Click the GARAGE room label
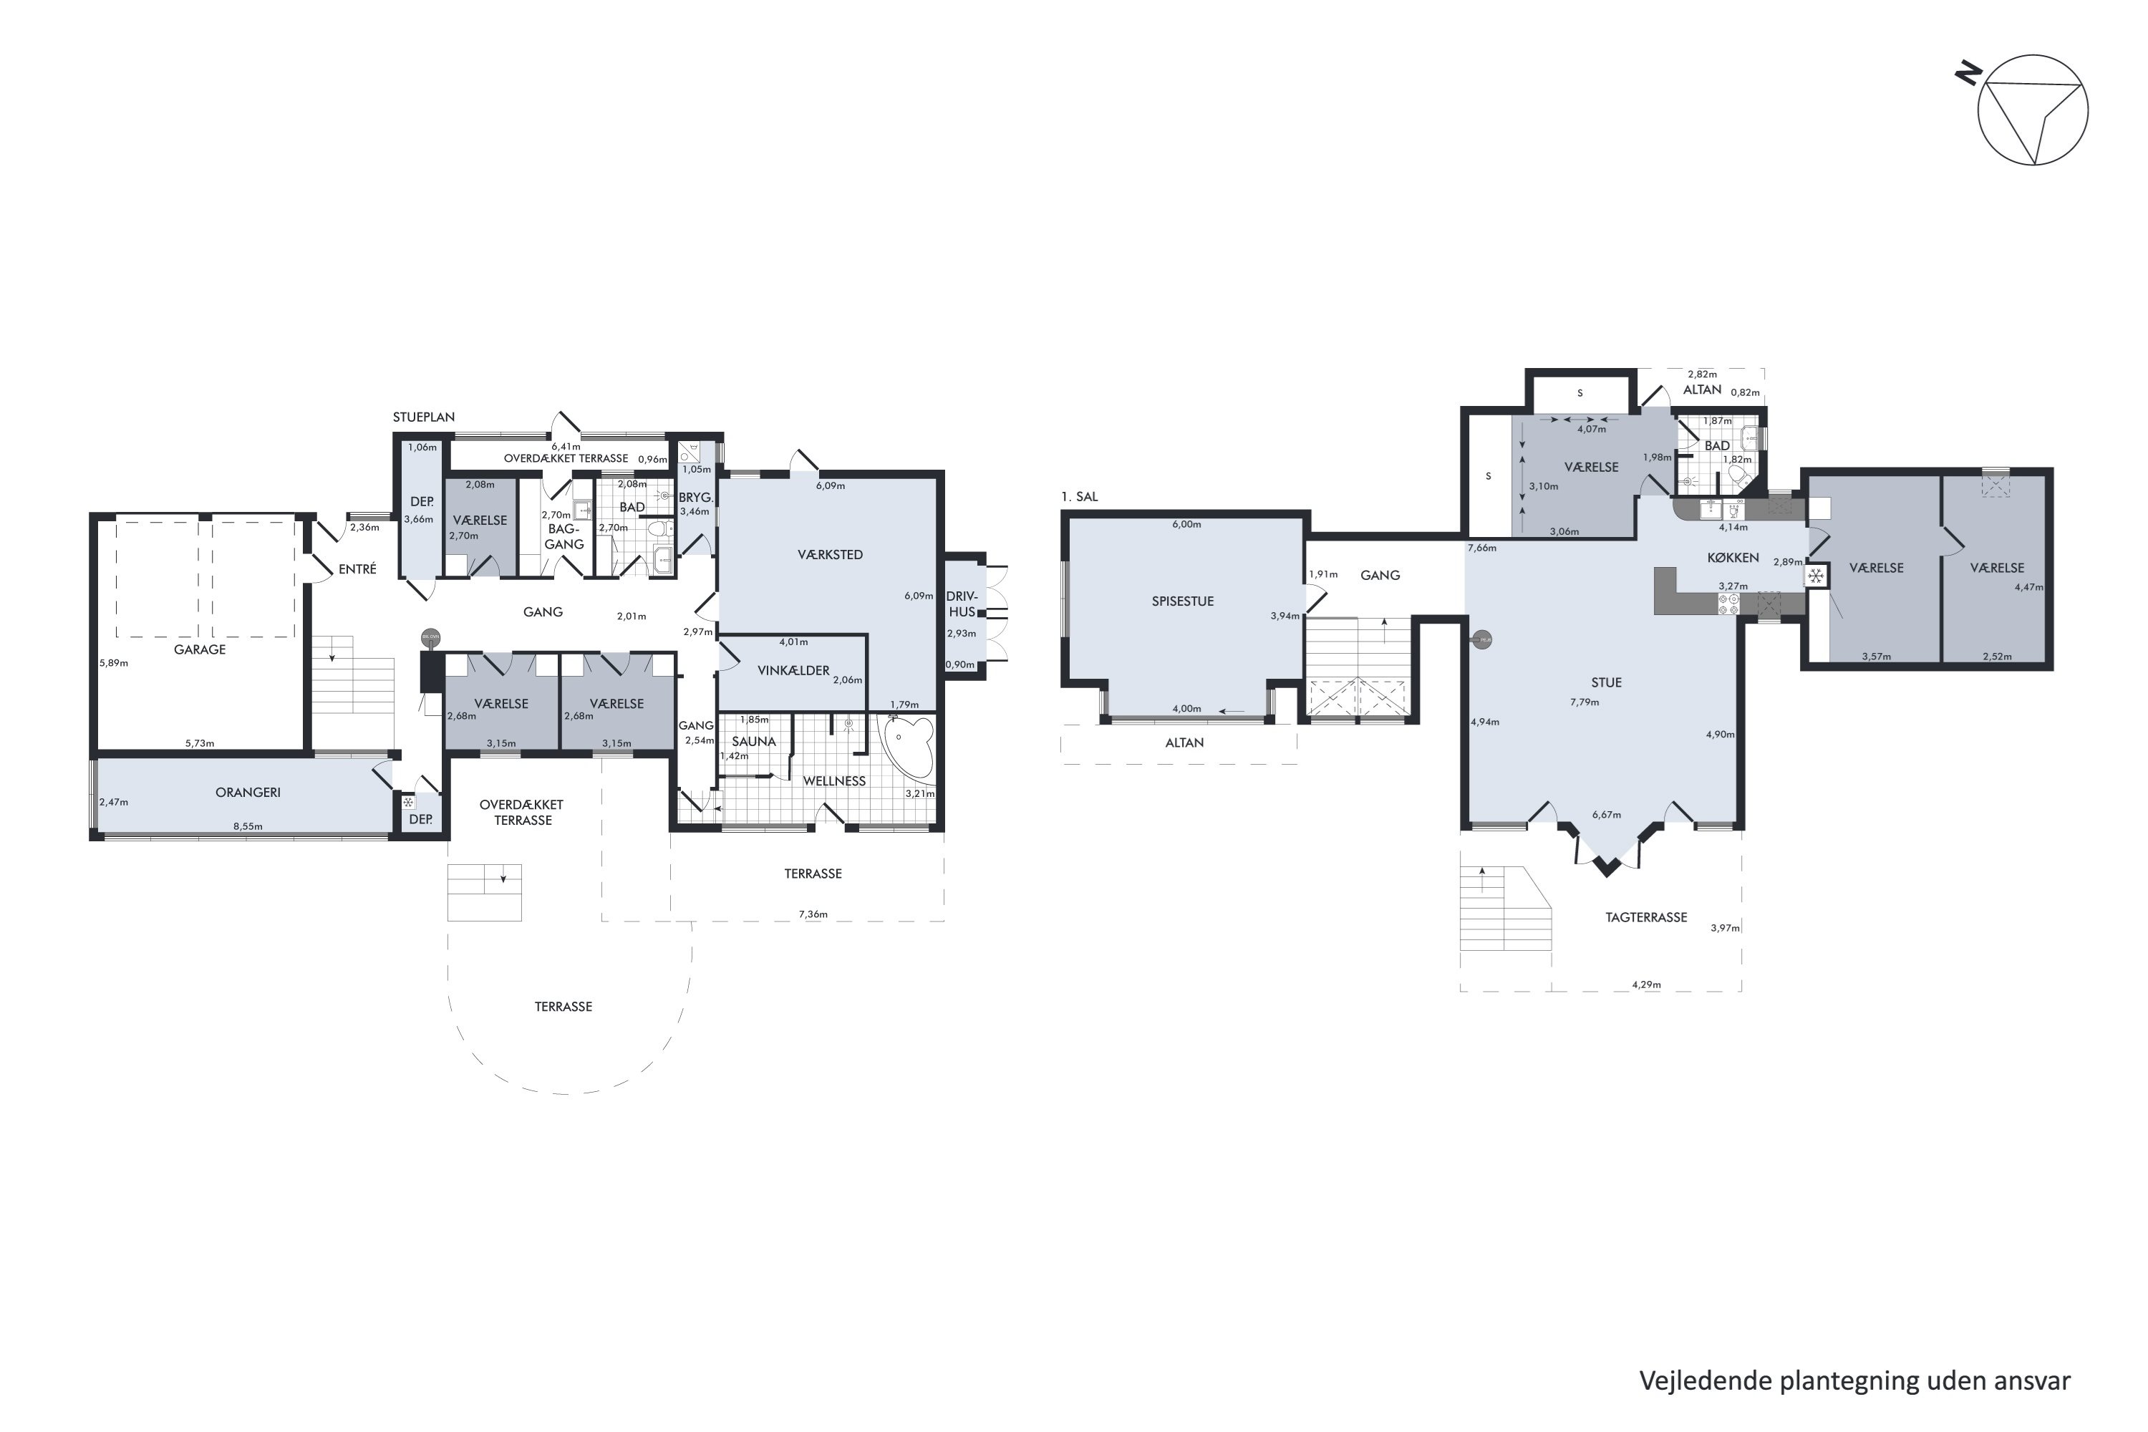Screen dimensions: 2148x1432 [200, 649]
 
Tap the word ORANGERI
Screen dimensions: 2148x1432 [248, 792]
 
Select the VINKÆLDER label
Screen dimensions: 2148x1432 [793, 670]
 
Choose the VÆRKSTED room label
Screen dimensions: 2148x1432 [829, 554]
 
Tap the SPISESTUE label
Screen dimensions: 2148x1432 [1183, 601]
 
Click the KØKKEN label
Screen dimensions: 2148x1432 [1733, 557]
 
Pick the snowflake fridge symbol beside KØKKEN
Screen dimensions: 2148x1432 [1816, 576]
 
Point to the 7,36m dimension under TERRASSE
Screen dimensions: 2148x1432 [813, 914]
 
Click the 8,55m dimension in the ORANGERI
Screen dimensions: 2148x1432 [248, 826]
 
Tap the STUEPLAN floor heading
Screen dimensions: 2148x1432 [424, 417]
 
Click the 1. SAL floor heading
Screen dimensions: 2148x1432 [1080, 497]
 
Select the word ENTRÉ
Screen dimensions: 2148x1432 [357, 569]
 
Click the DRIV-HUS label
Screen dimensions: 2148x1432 [962, 604]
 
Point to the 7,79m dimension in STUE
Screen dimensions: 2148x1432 [1585, 702]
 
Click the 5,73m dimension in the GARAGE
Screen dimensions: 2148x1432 [199, 743]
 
